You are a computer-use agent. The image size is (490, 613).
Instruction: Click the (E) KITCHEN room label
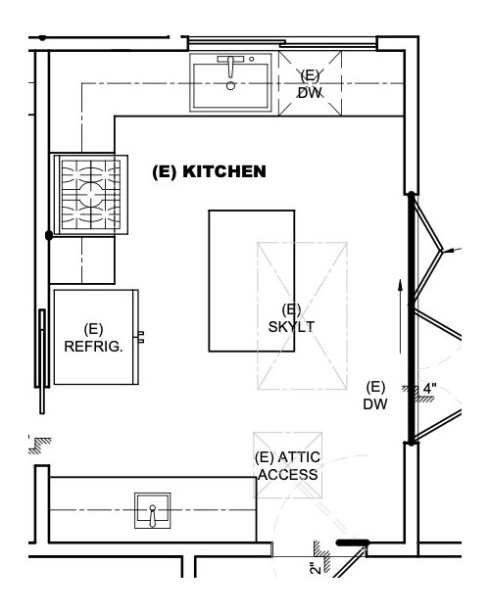(x=209, y=171)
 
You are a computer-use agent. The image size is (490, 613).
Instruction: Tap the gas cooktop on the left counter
(x=91, y=195)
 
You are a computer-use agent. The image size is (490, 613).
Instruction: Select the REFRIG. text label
(x=93, y=347)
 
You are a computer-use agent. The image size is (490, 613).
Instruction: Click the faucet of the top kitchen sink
(x=230, y=65)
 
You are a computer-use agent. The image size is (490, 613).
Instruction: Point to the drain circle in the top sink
(x=230, y=85)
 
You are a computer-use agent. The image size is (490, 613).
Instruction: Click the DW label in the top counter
(x=310, y=93)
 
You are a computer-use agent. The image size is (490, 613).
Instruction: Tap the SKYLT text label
(x=291, y=326)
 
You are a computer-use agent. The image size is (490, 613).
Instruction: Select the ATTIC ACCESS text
(x=288, y=465)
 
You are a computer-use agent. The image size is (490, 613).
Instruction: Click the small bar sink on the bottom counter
(x=152, y=510)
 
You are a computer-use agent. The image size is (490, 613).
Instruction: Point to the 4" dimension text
(x=429, y=389)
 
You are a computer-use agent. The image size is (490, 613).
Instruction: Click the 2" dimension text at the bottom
(x=316, y=568)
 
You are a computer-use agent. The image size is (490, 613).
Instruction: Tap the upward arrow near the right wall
(x=400, y=316)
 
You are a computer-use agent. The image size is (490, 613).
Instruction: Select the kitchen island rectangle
(x=252, y=281)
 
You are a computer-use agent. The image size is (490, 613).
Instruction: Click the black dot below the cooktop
(x=49, y=235)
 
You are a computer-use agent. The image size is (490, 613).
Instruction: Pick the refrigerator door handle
(x=140, y=337)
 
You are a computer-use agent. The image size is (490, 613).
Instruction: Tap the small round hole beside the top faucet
(x=252, y=59)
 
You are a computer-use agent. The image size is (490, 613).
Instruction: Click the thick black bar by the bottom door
(x=352, y=542)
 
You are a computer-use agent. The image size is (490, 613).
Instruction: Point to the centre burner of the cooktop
(x=91, y=194)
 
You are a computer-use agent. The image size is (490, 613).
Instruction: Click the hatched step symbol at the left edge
(x=39, y=446)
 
